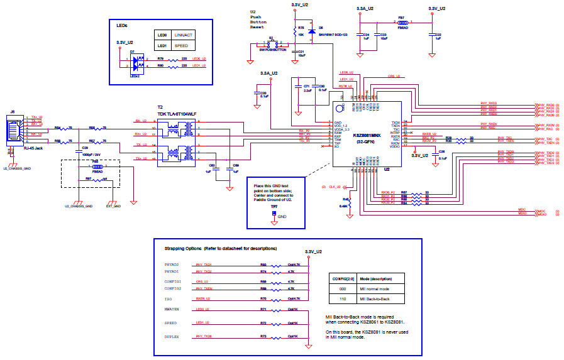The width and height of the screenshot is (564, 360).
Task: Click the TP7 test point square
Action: (274, 213)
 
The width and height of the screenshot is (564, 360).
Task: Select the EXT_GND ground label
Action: (113, 206)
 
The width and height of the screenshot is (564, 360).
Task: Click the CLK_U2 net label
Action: (333, 187)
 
